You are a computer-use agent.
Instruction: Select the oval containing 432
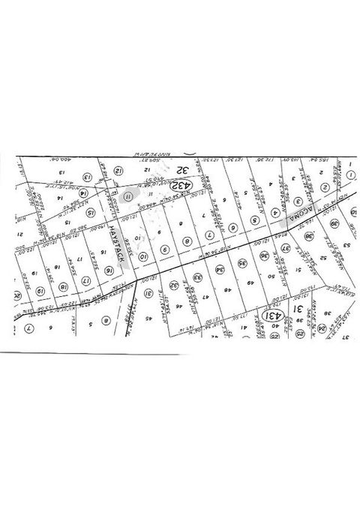click(181, 184)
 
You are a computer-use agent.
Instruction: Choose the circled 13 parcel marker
click(86, 178)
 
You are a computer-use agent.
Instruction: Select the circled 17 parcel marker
click(86, 281)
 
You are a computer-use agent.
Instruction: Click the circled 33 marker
click(196, 277)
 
